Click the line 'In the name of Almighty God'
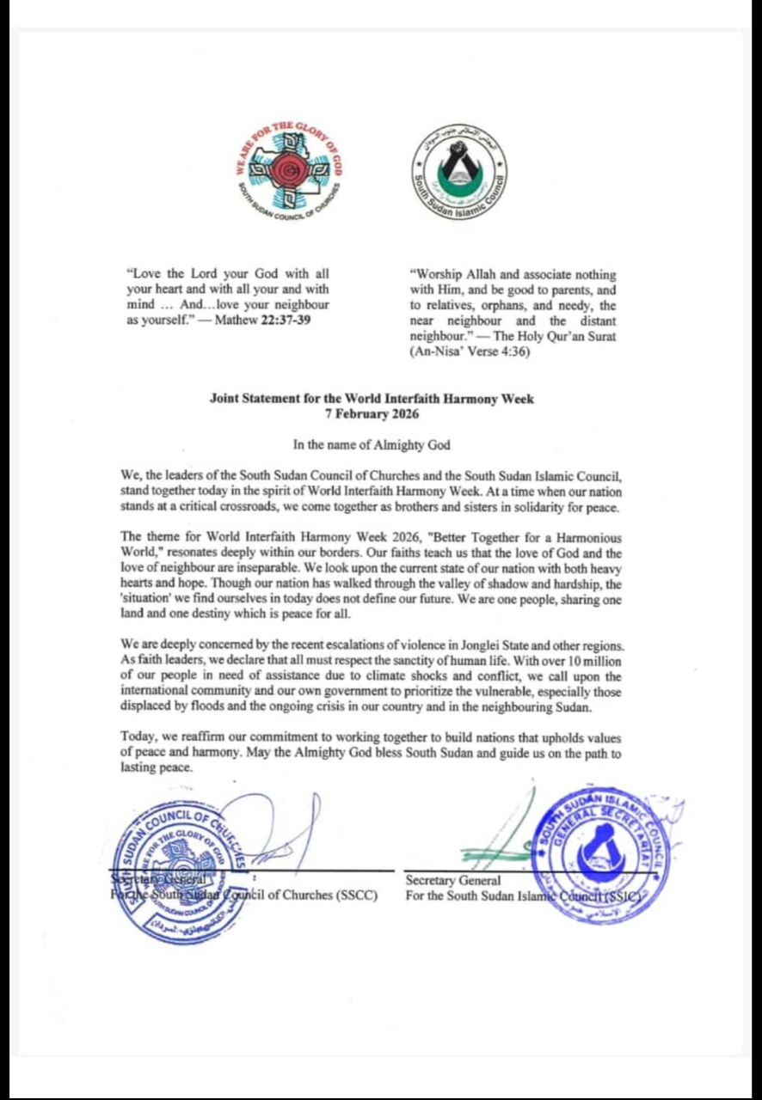pos(372,444)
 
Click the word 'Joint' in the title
pos(227,399)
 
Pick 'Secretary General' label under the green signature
pos(452,880)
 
